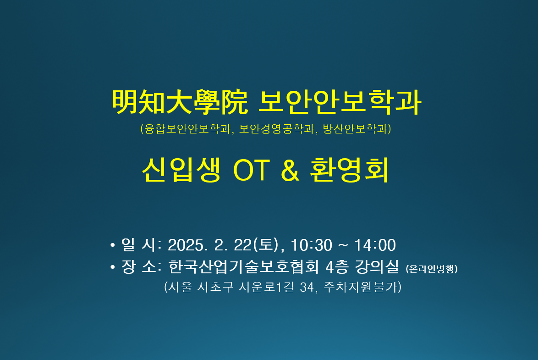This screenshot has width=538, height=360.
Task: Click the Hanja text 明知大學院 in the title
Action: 180,102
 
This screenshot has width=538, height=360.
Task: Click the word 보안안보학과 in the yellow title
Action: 340,102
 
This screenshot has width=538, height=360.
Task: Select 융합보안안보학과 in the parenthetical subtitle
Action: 187,129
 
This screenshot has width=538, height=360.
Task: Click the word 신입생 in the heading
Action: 181,170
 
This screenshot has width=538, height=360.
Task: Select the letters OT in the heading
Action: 252,170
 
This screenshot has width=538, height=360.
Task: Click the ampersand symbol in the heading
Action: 290,170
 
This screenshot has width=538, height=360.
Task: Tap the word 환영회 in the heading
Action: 349,170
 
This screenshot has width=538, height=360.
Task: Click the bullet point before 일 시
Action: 112,245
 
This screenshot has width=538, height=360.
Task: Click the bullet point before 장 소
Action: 112,267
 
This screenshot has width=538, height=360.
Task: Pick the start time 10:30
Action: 312,245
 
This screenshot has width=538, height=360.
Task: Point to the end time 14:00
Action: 375,245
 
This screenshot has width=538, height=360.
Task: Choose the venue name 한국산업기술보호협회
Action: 244,267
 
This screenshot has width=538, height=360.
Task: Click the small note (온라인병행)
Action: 432,269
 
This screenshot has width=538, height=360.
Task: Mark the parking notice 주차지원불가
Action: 360,287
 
